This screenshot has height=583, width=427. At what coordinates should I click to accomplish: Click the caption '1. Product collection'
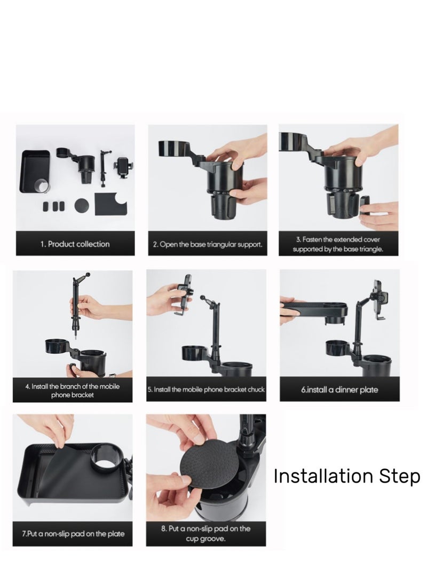point(75,244)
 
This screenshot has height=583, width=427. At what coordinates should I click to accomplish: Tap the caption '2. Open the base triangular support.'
point(208,245)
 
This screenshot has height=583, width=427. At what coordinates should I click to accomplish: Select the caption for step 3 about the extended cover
point(338,245)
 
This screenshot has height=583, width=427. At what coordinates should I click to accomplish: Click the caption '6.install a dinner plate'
point(339,390)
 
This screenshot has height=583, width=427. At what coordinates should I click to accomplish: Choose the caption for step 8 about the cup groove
point(205,533)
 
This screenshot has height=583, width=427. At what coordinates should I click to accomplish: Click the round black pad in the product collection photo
point(82,205)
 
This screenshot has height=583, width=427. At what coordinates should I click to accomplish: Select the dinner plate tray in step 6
point(312,308)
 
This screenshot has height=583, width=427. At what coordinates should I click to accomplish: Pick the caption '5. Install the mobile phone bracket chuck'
point(207,390)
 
